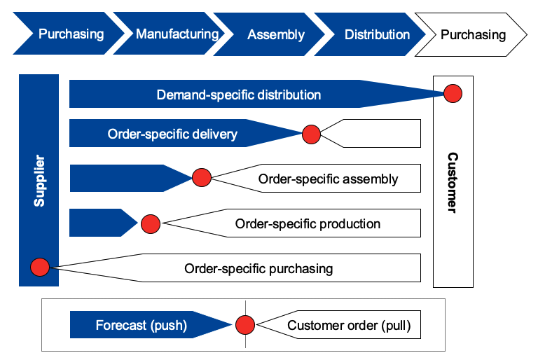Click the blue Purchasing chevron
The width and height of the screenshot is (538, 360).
pos(71,34)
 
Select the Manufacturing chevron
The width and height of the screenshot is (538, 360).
pos(177,34)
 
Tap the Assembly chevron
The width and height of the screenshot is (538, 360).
pos(276,34)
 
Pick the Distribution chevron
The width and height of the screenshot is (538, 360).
pos(377,34)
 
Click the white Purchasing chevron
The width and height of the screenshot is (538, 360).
pos(473,34)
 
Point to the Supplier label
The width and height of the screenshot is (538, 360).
pos(39,181)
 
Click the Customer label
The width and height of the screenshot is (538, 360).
pos(453,182)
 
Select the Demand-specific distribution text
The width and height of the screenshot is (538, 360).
pos(238,95)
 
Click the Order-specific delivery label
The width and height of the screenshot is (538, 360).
pos(172,134)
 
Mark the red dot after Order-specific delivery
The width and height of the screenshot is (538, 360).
pos(311,134)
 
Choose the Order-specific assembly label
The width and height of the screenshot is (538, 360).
pos(328,179)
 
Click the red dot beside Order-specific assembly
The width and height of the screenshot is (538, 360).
pos(201,179)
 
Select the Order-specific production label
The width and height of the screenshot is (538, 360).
pos(308,224)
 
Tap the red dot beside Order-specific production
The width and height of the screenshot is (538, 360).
pos(151,224)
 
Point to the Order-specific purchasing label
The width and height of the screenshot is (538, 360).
pos(258,268)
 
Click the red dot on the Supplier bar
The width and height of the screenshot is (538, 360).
pos(40,267)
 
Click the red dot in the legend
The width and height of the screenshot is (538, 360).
pos(244,325)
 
